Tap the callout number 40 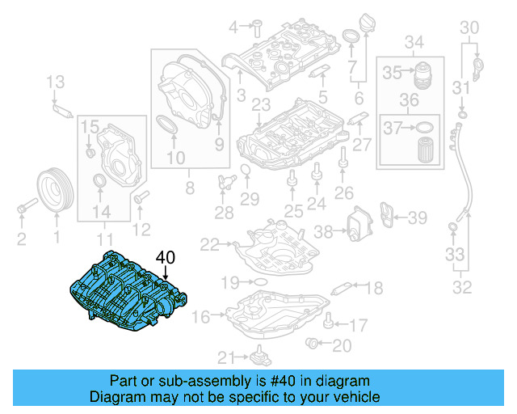click(166, 258)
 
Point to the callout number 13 click(55, 81)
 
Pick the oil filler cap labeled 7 click(352, 37)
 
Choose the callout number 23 click(260, 105)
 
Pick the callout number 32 click(462, 285)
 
